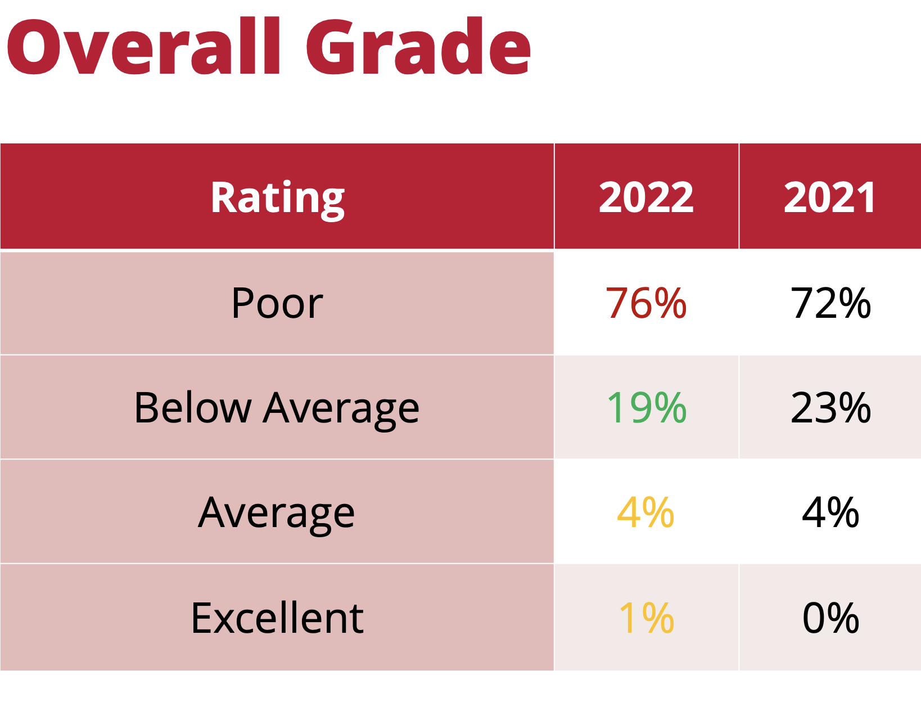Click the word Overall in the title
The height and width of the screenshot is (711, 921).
click(143, 47)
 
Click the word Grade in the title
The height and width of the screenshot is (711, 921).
click(419, 47)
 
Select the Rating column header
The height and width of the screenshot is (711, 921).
click(277, 197)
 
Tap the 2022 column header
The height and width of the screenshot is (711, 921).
click(646, 197)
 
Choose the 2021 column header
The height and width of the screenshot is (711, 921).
click(830, 197)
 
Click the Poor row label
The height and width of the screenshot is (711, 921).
click(277, 304)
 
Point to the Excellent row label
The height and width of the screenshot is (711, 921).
click(277, 618)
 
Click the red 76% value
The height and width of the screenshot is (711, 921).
click(646, 304)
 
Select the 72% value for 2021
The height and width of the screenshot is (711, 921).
click(830, 304)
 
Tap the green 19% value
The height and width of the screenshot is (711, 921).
click(646, 407)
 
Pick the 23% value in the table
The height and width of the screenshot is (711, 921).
click(830, 407)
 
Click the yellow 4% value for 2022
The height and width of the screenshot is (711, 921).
click(645, 512)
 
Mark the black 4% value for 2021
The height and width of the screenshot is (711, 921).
click(830, 512)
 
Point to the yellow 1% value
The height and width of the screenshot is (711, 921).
click(646, 618)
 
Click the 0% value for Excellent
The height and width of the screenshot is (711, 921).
click(830, 618)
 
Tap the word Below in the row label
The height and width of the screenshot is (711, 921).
click(193, 407)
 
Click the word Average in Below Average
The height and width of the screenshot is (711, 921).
click(341, 408)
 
